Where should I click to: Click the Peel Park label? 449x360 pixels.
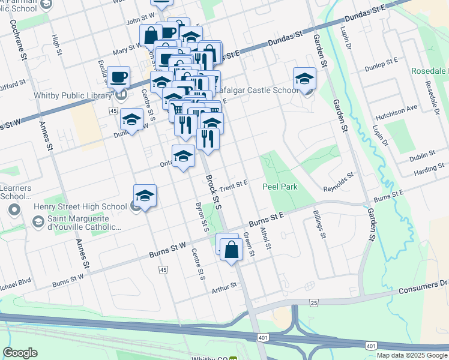[280, 187]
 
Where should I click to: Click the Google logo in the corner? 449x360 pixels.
[20, 353]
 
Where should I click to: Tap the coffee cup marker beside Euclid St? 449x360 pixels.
[119, 77]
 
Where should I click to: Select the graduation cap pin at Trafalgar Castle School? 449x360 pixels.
[304, 79]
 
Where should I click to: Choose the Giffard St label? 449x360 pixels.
[13, 83]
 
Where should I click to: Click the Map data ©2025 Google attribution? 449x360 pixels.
[411, 355]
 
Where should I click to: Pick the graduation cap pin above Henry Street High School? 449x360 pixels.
[145, 196]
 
